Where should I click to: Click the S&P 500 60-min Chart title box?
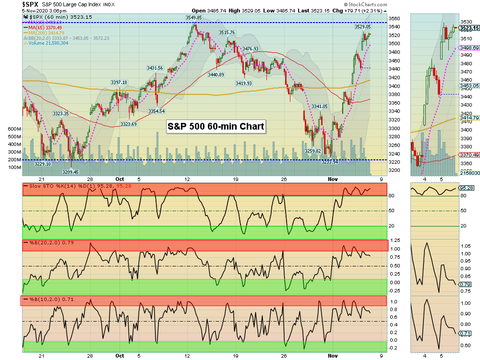[216, 127]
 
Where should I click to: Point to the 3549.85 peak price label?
[193, 18]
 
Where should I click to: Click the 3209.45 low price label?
[70, 171]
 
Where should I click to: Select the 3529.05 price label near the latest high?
[362, 27]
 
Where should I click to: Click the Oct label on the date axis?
[120, 356]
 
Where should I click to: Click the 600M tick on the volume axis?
[14, 130]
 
